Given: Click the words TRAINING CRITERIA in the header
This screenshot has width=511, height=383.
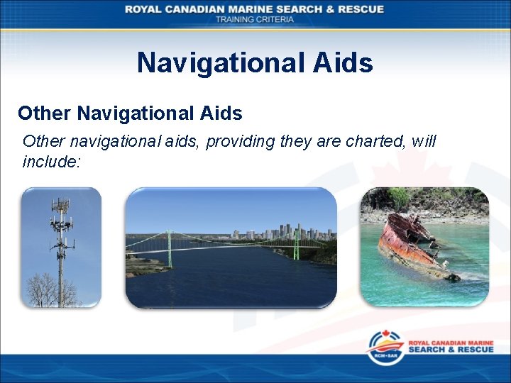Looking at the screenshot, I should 255,20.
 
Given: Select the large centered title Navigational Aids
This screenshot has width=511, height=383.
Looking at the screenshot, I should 255,63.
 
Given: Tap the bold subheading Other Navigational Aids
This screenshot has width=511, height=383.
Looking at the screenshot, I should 130,113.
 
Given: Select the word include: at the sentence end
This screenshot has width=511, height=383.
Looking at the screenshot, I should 52,162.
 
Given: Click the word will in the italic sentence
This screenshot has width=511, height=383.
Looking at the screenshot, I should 424,141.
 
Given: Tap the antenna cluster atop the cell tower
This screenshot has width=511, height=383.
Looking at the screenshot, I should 62,213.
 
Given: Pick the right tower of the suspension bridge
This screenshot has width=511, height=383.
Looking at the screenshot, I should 295,245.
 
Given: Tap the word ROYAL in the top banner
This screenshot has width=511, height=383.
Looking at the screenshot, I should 144,9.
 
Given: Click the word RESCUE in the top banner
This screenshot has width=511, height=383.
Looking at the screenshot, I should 360,9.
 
